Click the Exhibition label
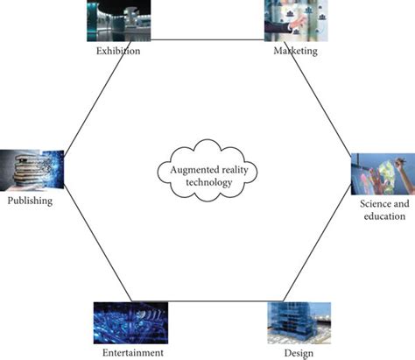119,52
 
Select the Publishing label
29,201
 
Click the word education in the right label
383,216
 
